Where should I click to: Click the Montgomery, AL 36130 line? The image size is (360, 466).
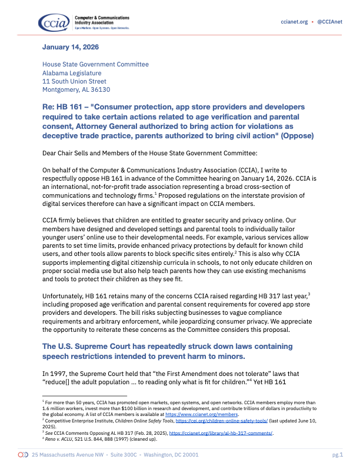pos(76,90)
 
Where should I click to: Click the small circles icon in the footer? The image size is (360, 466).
pos(23,455)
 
